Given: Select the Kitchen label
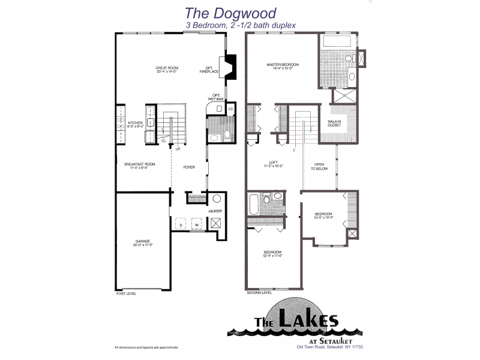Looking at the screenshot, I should pyautogui.click(x=136, y=124).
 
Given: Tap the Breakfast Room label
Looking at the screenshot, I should pyautogui.click(x=139, y=166).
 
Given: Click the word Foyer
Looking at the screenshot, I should pyautogui.click(x=190, y=167).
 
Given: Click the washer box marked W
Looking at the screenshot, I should pyautogui.click(x=196, y=226).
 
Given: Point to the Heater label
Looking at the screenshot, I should pyautogui.click(x=215, y=212).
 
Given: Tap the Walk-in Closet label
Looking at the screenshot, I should pyautogui.click(x=334, y=124).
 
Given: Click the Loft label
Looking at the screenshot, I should pyautogui.click(x=272, y=163).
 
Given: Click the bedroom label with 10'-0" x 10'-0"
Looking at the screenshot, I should pyautogui.click(x=323, y=215).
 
